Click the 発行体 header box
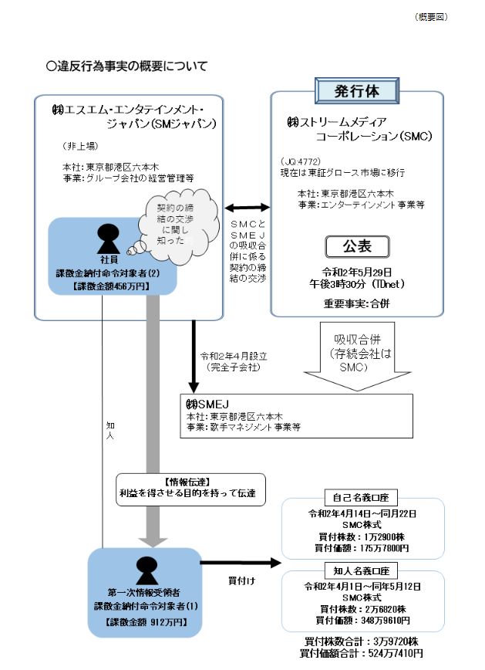[x=357, y=90]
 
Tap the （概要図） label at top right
[x=430, y=16]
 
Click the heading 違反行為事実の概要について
[x=128, y=66]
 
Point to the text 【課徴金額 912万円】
[x=145, y=621]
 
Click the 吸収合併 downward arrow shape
[x=356, y=351]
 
